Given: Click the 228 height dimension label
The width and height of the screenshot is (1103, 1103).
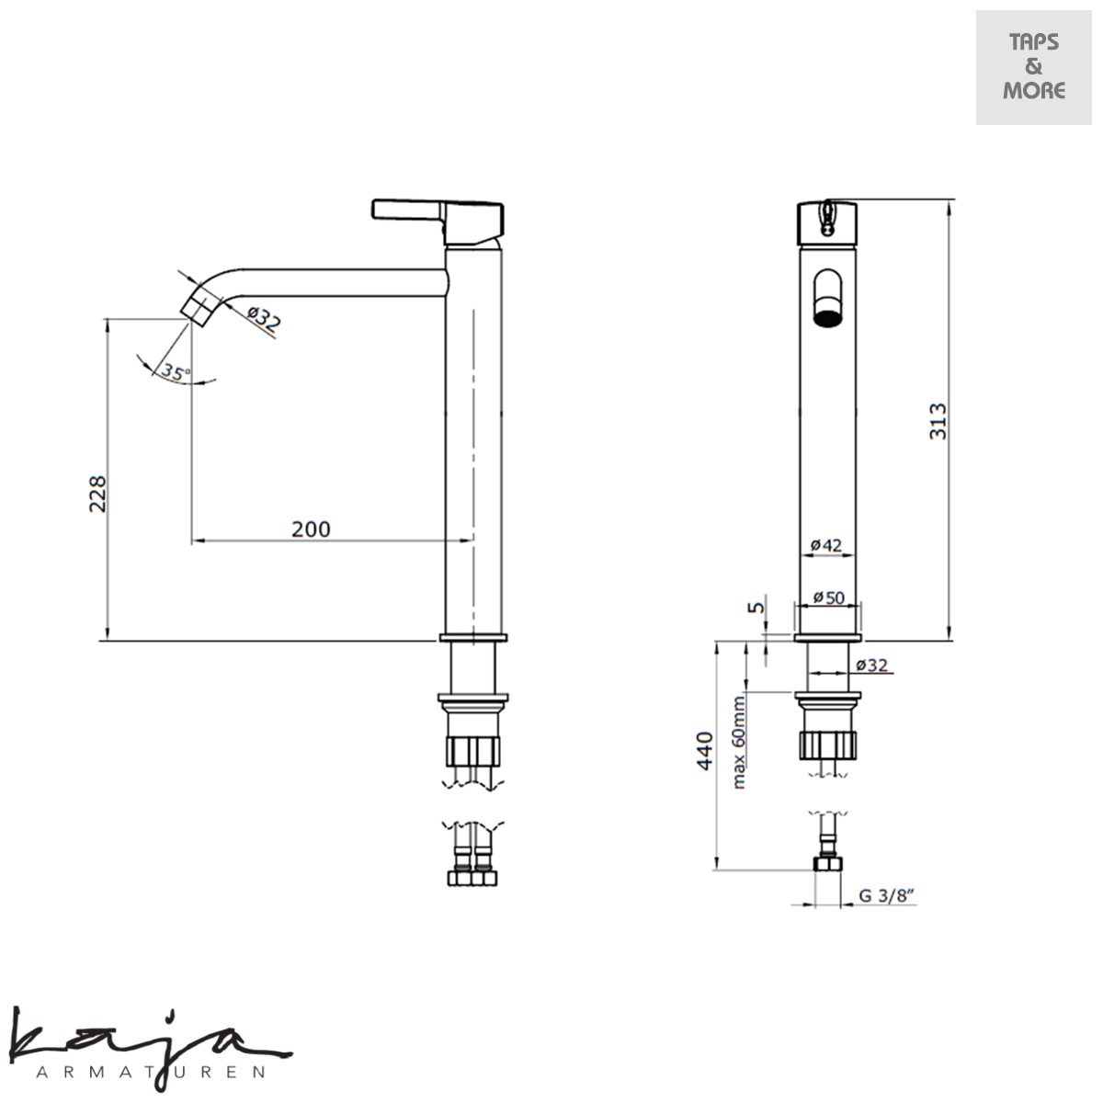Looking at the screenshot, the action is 97,494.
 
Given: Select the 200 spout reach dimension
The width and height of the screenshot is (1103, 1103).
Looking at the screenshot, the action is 311,529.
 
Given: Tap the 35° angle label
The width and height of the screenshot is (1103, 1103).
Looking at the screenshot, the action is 174,372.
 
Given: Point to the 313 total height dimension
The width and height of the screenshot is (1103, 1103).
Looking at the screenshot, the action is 937,421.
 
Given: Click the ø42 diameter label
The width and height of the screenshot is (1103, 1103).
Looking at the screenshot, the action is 826,545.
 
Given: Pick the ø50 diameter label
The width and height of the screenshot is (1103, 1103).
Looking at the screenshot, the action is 828,597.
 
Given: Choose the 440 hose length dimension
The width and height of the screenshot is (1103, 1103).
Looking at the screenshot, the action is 704,750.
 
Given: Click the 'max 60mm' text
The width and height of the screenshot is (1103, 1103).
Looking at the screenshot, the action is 739,743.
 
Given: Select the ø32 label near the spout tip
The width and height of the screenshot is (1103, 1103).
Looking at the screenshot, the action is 265,318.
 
